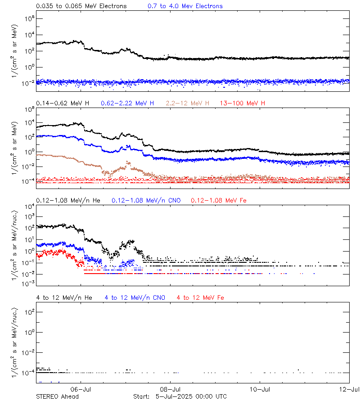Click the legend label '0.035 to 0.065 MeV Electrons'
(x=81, y=6)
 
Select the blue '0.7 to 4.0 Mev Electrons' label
(x=185, y=6)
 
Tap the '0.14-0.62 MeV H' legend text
(x=63, y=103)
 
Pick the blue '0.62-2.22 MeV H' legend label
(x=128, y=103)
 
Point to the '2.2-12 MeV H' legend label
(x=188, y=103)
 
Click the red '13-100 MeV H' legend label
(x=243, y=103)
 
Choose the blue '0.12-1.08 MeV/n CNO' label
(x=146, y=200)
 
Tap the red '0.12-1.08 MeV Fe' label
(x=219, y=200)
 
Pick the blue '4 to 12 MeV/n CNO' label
(x=135, y=298)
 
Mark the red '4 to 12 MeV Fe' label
(x=200, y=298)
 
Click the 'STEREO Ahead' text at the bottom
(x=57, y=396)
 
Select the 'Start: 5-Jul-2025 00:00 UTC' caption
(x=180, y=396)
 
